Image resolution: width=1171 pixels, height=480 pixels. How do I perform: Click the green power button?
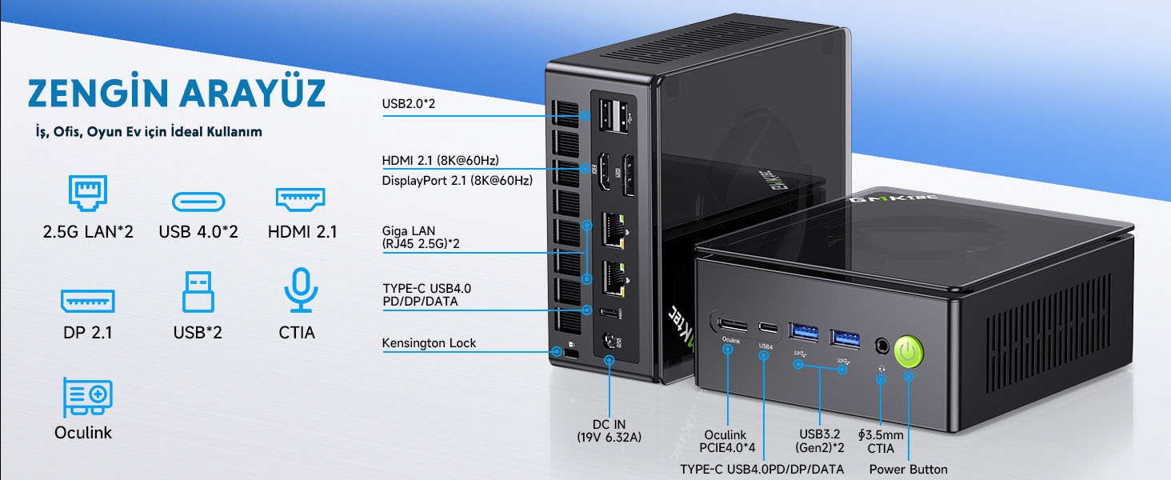pos(909,351)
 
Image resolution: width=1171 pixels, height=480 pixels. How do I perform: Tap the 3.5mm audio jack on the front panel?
pos(882,346)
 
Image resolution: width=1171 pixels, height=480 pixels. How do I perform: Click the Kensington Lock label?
pos(429,343)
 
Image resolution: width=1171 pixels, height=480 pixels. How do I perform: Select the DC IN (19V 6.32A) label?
pos(609,430)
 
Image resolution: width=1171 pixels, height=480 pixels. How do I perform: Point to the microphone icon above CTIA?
pos(301,290)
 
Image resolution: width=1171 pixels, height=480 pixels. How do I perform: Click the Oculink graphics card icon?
pos(87,397)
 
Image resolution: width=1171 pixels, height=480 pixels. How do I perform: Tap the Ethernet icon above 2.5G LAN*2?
pos(88,193)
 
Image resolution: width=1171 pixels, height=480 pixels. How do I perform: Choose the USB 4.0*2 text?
pos(198,232)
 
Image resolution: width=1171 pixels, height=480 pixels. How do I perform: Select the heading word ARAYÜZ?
pos(253,93)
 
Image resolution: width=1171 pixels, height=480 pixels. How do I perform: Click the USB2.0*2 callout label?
pos(408,103)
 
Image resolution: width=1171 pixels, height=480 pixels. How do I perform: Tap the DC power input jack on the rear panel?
pos(609,342)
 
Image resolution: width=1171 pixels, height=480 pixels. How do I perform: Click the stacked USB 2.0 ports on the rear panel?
pos(613,115)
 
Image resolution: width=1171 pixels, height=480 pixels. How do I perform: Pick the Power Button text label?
pos(908,469)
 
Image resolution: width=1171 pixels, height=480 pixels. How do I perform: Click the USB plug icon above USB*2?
pos(198,291)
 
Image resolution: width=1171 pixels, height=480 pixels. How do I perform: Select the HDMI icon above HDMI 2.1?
pos(300,199)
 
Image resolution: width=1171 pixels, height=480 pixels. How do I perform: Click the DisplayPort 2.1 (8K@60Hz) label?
pos(458,181)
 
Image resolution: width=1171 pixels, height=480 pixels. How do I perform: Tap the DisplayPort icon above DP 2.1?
pos(87,301)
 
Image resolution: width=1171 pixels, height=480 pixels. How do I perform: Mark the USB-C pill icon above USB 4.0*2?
pos(198,202)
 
